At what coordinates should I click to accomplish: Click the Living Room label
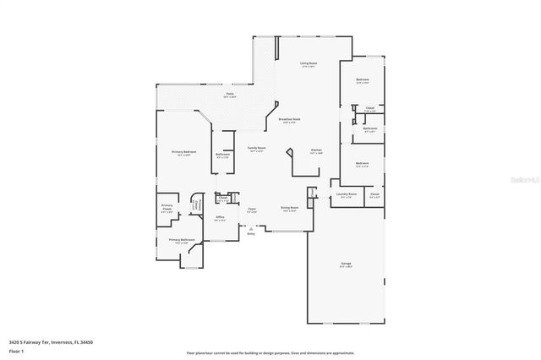click(x=308, y=64)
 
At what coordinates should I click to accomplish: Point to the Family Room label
click(x=256, y=149)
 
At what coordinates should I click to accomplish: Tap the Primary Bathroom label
click(x=182, y=241)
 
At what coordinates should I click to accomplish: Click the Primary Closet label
click(x=167, y=208)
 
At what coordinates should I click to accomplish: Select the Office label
click(x=219, y=218)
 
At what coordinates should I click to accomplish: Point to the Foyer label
click(x=252, y=209)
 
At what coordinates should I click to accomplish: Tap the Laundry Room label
click(x=347, y=194)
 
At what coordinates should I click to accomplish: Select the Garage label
click(x=346, y=265)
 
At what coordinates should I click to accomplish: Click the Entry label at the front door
click(x=251, y=234)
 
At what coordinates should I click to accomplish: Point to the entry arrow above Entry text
click(x=251, y=229)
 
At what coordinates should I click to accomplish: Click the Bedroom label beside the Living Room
click(x=363, y=81)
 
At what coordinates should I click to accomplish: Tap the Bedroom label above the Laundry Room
click(x=362, y=164)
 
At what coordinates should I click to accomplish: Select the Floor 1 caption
click(x=15, y=351)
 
